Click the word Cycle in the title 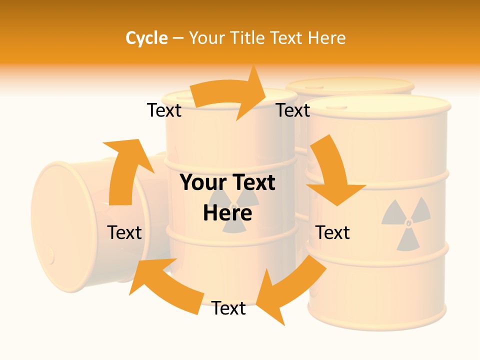click(146, 38)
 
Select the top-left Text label click(164, 110)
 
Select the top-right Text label click(293, 110)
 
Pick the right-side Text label click(332, 232)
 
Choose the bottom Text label click(228, 308)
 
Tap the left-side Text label click(124, 232)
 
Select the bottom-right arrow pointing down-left click(290, 290)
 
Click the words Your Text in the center click(227, 182)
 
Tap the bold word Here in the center click(227, 213)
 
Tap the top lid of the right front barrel click(378, 105)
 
